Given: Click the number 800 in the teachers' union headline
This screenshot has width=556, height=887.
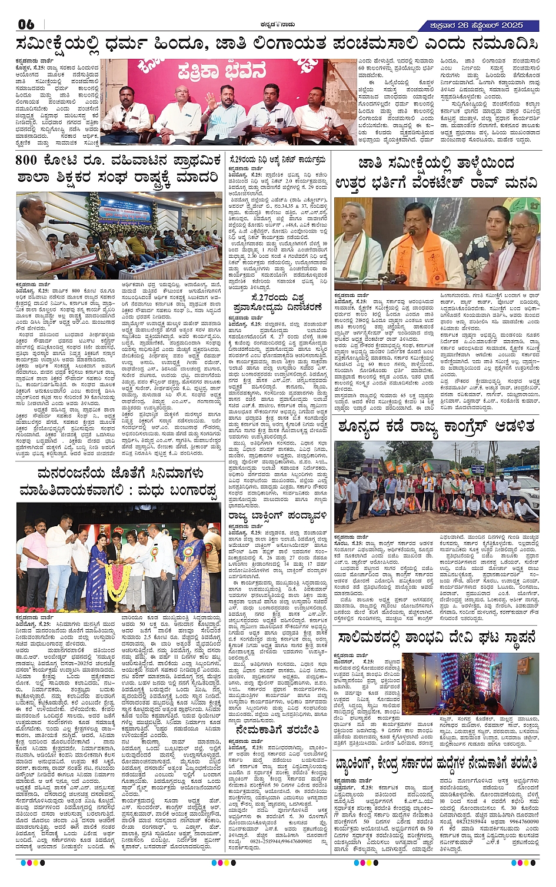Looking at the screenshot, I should (26, 161).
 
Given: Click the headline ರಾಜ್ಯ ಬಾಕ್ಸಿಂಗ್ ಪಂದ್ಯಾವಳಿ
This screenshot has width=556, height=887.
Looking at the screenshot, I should (277, 516).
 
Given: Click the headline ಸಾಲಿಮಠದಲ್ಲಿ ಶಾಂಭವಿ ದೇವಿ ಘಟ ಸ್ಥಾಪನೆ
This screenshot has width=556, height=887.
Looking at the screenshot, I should (437, 637).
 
